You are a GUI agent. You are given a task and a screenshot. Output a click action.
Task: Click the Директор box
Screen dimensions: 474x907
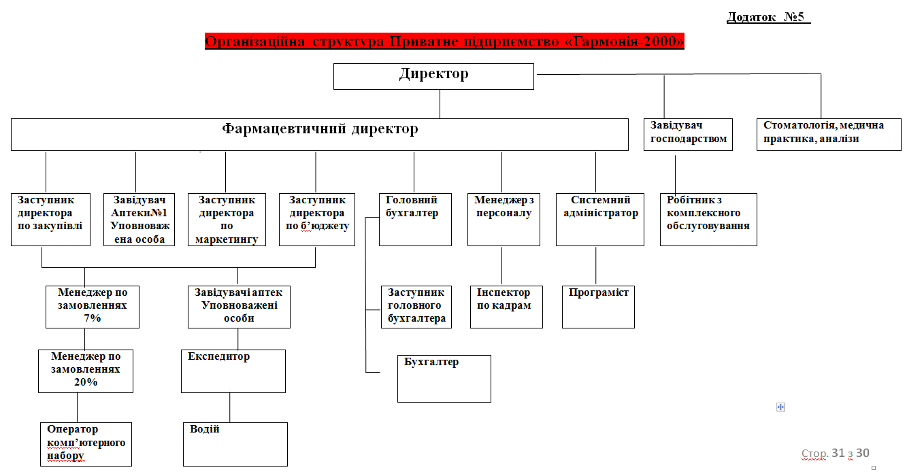click(433, 76)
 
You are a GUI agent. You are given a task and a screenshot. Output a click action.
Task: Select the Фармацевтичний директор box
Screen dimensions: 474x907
click(319, 135)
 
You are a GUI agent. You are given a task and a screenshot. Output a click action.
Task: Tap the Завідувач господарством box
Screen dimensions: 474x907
click(688, 134)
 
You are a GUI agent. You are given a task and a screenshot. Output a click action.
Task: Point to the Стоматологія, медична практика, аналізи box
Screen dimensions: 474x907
click(828, 134)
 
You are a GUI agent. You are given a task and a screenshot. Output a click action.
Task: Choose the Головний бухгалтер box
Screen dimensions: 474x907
click(415, 219)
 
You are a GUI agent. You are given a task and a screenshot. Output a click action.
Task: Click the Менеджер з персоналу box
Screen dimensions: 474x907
click(504, 219)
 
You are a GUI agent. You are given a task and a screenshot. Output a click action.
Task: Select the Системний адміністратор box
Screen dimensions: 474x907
click(599, 219)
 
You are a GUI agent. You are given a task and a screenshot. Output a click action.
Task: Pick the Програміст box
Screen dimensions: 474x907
click(598, 307)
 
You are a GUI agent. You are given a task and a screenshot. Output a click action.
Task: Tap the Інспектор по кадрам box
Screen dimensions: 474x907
click(506, 307)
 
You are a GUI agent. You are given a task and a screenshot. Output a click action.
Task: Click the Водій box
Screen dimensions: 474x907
click(235, 444)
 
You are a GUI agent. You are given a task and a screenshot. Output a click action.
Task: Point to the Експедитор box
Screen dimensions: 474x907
click(233, 371)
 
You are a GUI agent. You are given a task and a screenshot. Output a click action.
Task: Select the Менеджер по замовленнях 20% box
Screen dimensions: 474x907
click(85, 371)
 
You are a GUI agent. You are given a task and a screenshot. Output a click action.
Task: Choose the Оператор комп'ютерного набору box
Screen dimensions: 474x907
click(85, 444)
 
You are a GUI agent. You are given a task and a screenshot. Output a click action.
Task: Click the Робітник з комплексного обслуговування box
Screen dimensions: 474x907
click(708, 219)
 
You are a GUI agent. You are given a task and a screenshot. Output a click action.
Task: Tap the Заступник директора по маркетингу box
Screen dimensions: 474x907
click(227, 220)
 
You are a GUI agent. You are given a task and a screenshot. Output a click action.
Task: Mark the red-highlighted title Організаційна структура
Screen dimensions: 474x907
click(444, 41)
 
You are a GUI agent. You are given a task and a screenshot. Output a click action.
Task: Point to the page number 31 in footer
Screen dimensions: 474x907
click(838, 453)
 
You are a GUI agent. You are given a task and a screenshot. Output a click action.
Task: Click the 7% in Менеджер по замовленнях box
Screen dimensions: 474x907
click(93, 318)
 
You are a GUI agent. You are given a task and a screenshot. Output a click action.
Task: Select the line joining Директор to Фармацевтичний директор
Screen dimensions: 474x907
click(440, 104)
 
